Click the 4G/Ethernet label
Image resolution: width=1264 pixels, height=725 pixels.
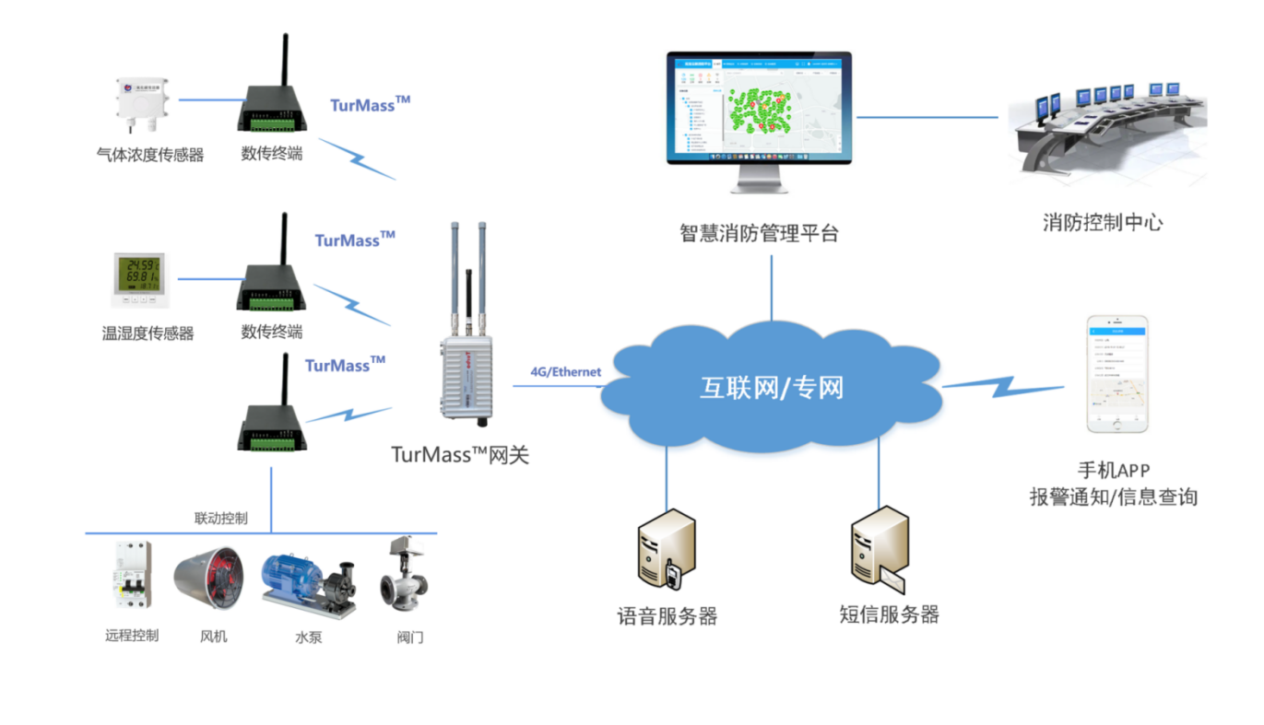[565, 372]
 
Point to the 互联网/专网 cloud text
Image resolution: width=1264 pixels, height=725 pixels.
[771, 387]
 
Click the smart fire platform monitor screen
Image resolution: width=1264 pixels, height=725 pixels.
[759, 108]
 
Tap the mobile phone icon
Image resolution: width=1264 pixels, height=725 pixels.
[1116, 374]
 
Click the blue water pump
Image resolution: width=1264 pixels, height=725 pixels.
[308, 584]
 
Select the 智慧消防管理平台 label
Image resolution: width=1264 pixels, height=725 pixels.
[759, 233]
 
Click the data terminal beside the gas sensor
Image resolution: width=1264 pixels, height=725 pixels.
[271, 104]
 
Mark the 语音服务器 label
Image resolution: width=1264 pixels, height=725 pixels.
[667, 616]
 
